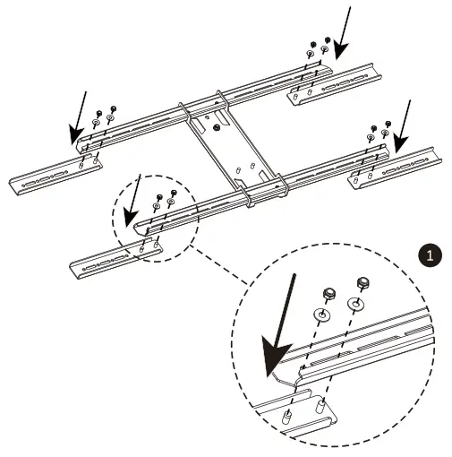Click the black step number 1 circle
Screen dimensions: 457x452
pyautogui.click(x=431, y=255)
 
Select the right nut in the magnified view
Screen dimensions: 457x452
pyautogui.click(x=362, y=284)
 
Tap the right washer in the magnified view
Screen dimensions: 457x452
pyautogui.click(x=356, y=306)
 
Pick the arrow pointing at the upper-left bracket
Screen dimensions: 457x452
pyautogui.click(x=79, y=116)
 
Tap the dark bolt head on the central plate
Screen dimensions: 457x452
pyautogui.click(x=217, y=126)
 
